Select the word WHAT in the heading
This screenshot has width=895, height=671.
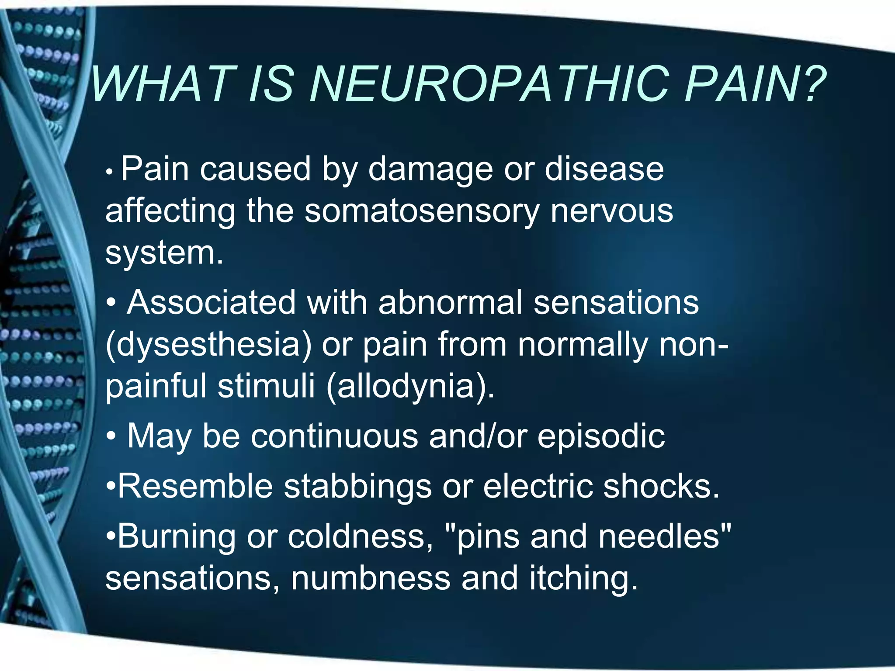164,84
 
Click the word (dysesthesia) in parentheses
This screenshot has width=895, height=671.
209,345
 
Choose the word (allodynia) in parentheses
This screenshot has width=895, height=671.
410,387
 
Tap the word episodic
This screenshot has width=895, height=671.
601,436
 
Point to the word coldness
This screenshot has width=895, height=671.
361,536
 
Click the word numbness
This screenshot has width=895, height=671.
371,578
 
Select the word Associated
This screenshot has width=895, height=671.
211,302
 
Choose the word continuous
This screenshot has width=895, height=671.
334,436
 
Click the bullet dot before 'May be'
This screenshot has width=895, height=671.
111,436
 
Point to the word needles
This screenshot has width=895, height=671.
664,536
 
